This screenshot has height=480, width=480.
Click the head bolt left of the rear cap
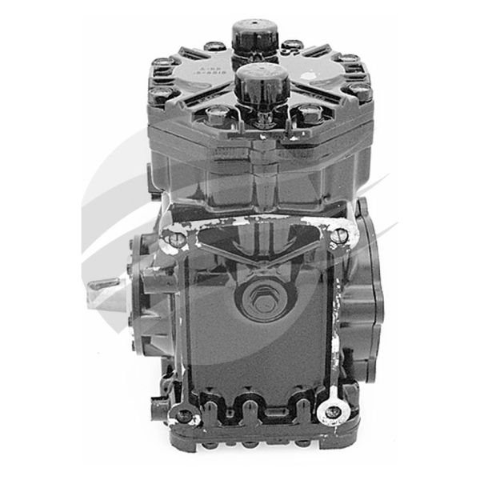(x=214, y=47)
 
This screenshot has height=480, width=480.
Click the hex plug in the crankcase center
(x=261, y=298)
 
